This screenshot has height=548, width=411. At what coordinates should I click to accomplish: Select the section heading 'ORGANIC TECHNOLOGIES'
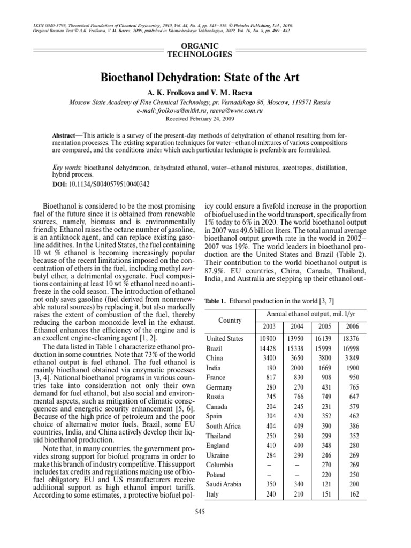pos(205,50)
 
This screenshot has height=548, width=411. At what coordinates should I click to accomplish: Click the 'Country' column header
pos(230,320)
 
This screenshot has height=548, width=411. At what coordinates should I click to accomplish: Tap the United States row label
pos(225,339)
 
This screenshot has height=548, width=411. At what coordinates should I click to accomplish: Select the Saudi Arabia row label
pos(225,484)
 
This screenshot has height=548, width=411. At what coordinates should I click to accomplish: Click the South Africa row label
pos(225,426)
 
